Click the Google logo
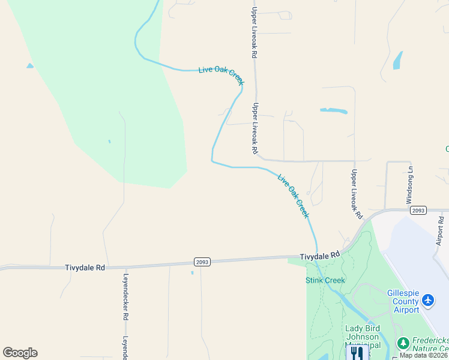pyautogui.click(x=20, y=353)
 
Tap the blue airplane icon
pyautogui.click(x=428, y=299)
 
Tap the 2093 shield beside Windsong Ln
pyautogui.click(x=418, y=210)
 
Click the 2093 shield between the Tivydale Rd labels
pyautogui.click(x=202, y=262)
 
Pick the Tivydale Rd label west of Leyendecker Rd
pyautogui.click(x=85, y=268)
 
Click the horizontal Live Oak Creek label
pyautogui.click(x=220, y=71)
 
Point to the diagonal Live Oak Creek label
pyautogui.click(x=294, y=195)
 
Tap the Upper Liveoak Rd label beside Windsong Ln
pyautogui.click(x=356, y=193)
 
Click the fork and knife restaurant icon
pyautogui.click(x=357, y=352)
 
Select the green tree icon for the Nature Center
pyautogui.click(x=402, y=343)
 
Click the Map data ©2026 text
pyautogui.click(x=423, y=355)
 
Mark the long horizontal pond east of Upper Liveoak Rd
pyautogui.click(x=334, y=110)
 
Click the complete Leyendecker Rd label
pyautogui.click(x=126, y=297)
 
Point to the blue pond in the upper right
pyautogui.click(x=397, y=60)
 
